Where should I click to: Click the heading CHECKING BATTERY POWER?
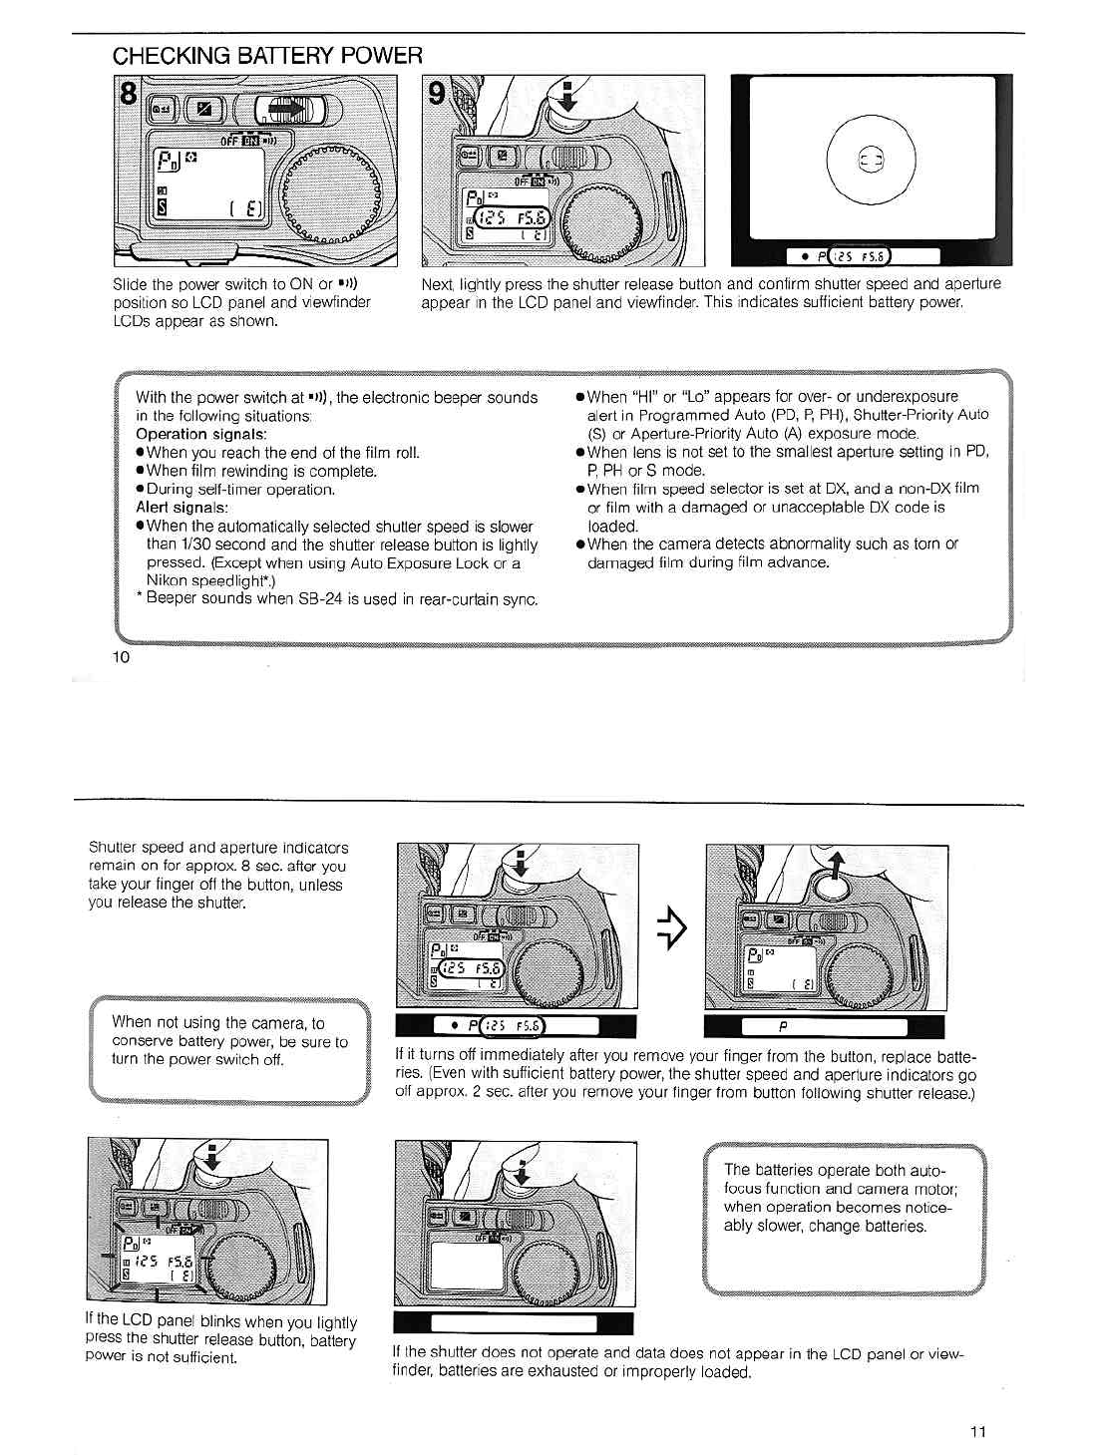click(267, 56)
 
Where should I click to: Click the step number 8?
click(129, 95)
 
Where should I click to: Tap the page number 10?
click(121, 656)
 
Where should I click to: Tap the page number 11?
click(977, 1432)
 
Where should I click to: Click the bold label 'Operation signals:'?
click(201, 434)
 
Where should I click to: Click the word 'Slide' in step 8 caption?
click(131, 284)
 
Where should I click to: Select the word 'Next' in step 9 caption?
click(437, 284)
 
